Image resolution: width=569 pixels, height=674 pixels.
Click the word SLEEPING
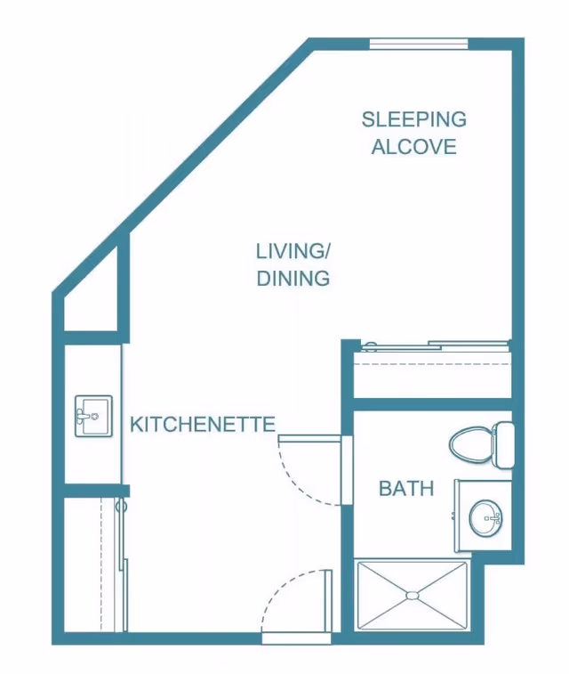[413, 118]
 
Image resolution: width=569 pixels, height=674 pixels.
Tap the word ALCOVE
[413, 147]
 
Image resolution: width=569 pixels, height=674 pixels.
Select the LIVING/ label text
[293, 250]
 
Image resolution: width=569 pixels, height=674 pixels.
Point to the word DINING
[293, 279]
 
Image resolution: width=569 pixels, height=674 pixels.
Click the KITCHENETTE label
[203, 424]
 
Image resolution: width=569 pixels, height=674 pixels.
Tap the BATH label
[406, 488]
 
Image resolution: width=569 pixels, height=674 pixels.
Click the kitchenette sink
[92, 417]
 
